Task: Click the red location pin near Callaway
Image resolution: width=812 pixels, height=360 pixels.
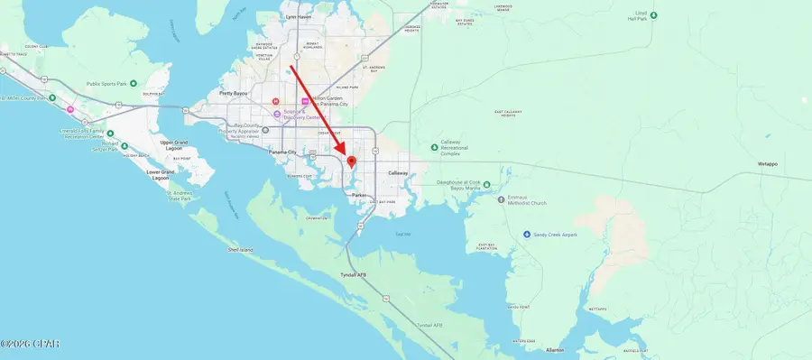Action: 351,161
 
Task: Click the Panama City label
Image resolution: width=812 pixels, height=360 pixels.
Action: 289,152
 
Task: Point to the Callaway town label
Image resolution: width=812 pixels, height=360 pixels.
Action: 398,172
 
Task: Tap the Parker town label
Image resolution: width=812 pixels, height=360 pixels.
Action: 358,194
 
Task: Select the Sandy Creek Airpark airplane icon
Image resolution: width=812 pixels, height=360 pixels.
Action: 528,235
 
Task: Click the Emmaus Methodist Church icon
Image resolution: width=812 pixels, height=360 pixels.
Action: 501,198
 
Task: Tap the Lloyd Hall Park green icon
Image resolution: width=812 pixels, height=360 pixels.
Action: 654,14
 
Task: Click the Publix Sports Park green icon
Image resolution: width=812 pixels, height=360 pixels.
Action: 133,83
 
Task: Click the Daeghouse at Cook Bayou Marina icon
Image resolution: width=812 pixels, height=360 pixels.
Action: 487,185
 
